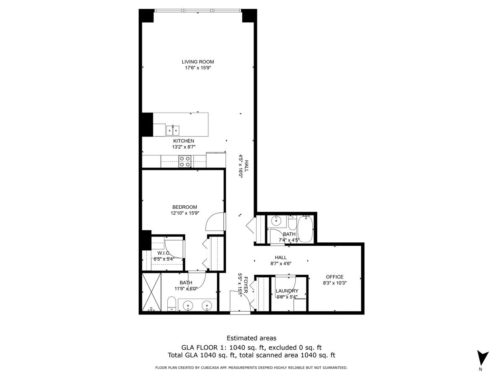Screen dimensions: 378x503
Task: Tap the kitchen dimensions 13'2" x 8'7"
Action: [184, 147]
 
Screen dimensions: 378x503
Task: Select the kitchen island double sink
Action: [172, 129]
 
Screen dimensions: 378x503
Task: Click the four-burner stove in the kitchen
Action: [185, 161]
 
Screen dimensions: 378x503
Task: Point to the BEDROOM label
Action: [184, 207]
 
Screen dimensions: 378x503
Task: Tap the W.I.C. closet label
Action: [163, 253]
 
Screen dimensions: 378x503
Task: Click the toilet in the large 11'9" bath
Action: [171, 304]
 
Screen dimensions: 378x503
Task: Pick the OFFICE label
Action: [334, 277]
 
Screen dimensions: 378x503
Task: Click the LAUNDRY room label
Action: [287, 291]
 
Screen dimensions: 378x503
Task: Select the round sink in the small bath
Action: [276, 220]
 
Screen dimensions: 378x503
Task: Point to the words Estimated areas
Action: [251, 338]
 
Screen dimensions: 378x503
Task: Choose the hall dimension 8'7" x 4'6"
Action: [280, 264]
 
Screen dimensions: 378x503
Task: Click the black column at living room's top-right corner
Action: [249, 16]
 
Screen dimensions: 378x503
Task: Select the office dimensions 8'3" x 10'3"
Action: [334, 283]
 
